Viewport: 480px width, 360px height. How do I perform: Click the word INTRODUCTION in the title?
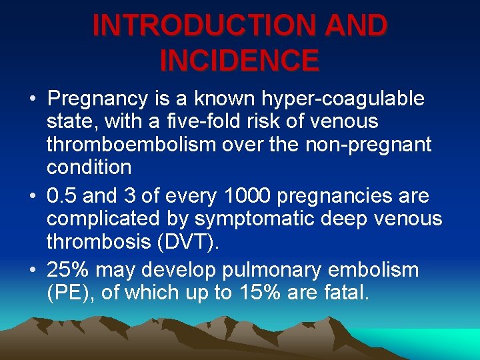click(x=200, y=26)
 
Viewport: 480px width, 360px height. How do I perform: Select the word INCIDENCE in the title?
click(x=239, y=61)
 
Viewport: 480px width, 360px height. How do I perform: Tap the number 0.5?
click(x=60, y=197)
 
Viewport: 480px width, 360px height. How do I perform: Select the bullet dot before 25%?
click(x=33, y=271)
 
